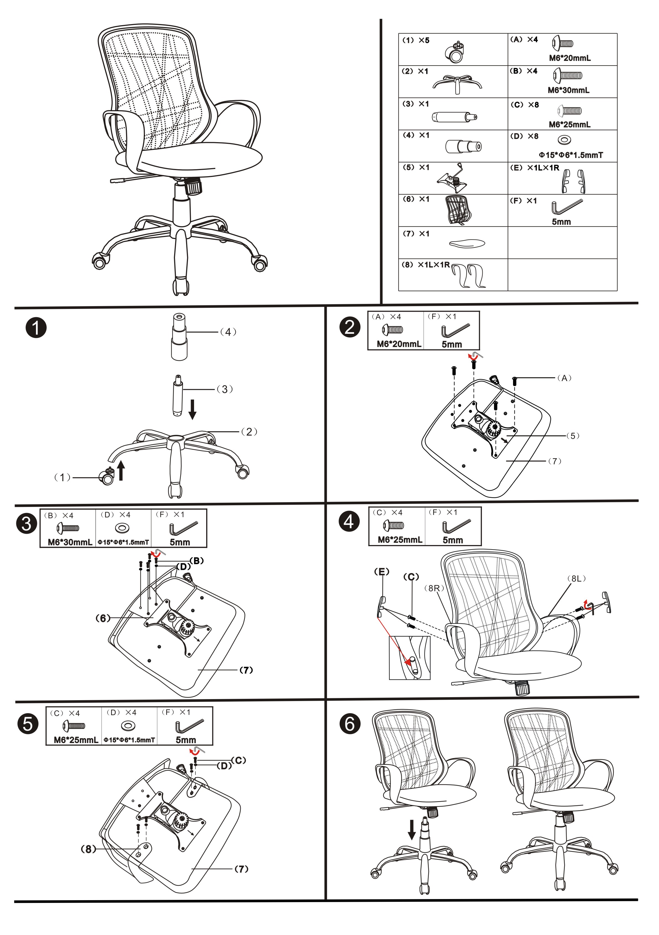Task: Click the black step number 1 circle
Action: (36, 328)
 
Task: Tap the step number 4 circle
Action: (349, 522)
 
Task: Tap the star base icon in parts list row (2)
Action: (457, 84)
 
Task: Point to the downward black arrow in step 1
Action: (192, 409)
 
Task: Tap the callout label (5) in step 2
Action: (573, 436)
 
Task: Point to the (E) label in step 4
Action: (381, 572)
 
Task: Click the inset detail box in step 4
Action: (409, 658)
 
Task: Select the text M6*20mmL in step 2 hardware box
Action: (399, 344)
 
